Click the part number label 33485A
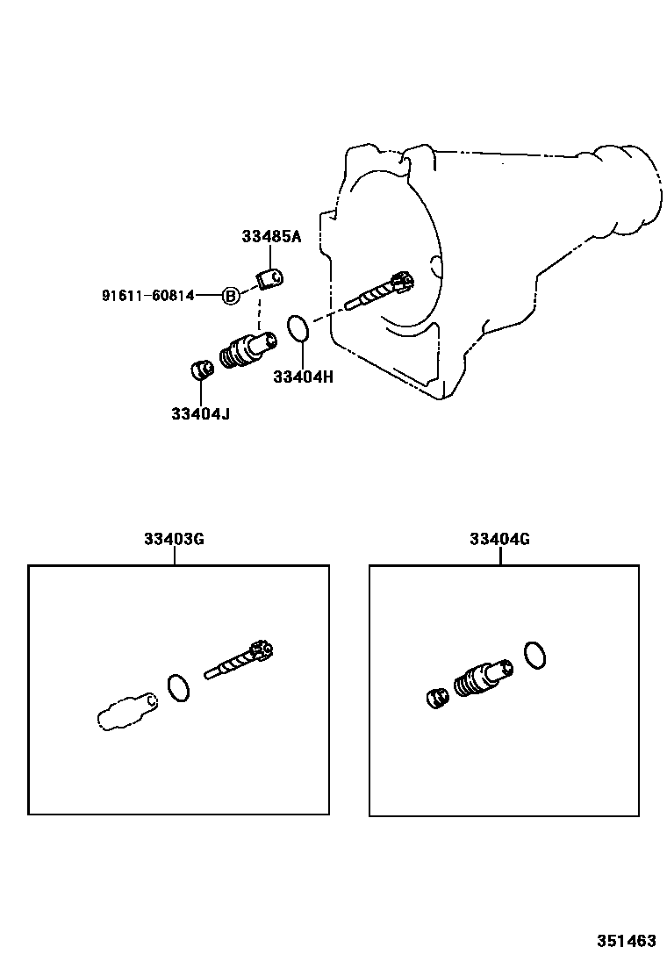[271, 236]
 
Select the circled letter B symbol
[230, 296]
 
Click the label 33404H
[303, 377]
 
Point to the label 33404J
[200, 413]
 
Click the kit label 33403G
[175, 539]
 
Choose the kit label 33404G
[499, 539]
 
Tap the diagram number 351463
[627, 940]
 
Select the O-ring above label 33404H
[298, 330]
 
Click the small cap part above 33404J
[202, 369]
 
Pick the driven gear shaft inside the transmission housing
[380, 292]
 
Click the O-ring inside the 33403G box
[178, 687]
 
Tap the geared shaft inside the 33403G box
[240, 661]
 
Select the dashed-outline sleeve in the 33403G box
[126, 708]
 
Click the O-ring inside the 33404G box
[534, 654]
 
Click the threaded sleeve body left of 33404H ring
[247, 349]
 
